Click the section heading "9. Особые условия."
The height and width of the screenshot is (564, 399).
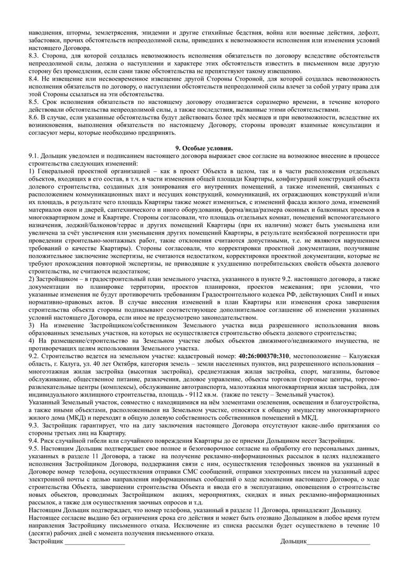click(199, 149)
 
